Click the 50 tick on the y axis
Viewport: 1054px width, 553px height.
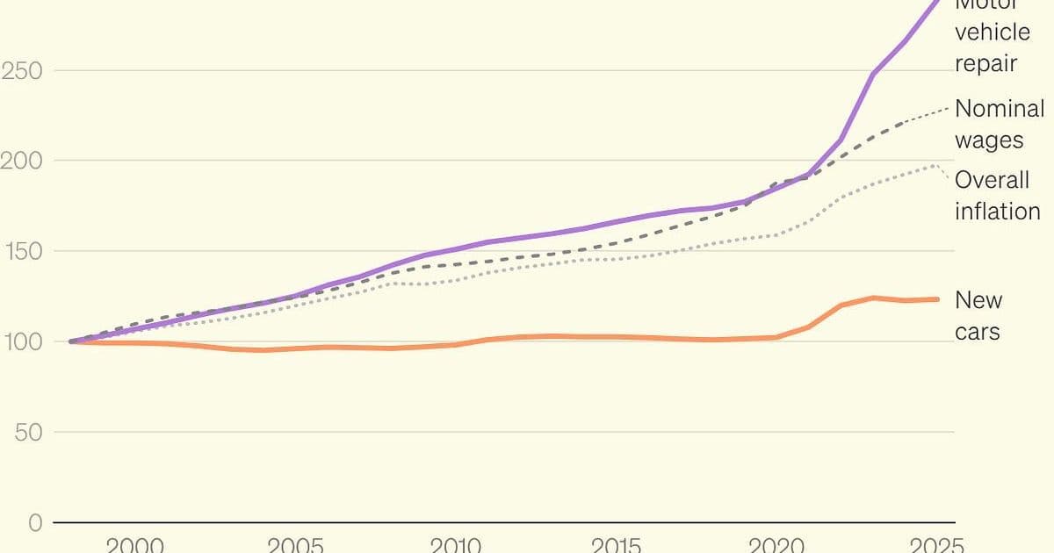coord(28,432)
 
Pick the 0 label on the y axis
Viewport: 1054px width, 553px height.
coord(35,523)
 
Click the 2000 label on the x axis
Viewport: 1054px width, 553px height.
coord(134,544)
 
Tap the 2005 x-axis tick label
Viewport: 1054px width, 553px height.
coord(294,544)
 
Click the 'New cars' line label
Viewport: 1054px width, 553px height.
coord(978,315)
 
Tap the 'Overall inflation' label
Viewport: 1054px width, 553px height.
coord(997,195)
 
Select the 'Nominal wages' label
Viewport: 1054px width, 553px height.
coord(1000,124)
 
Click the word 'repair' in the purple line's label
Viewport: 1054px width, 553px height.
coord(985,62)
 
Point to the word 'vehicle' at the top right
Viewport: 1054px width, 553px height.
coord(993,32)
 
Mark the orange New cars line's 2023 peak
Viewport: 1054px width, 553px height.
coord(873,298)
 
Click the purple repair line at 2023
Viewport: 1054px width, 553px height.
coord(873,74)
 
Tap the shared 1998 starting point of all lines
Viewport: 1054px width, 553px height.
coord(70,341)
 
